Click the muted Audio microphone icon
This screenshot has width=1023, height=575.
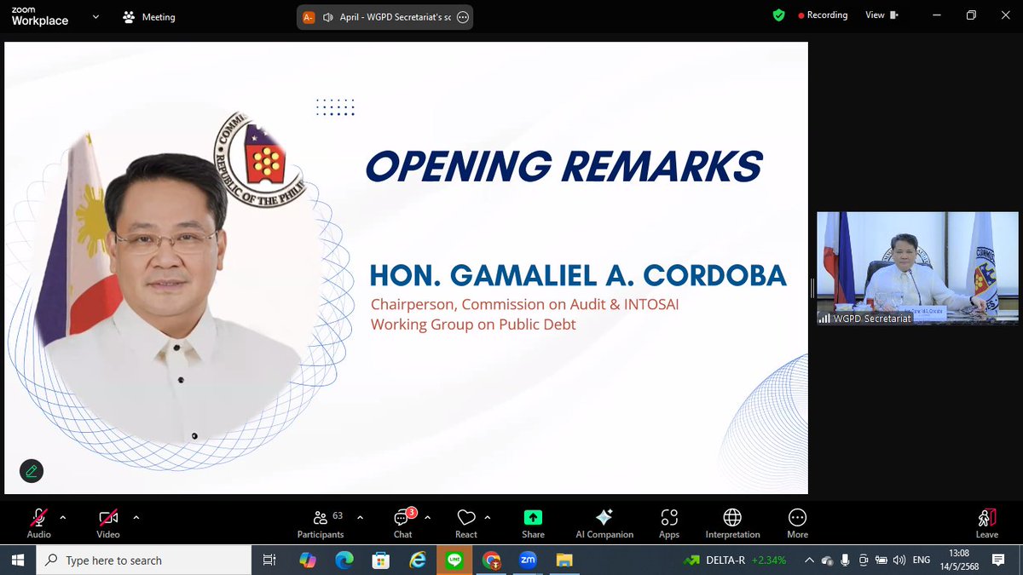[x=38, y=518]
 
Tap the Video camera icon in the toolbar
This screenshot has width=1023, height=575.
[x=107, y=518]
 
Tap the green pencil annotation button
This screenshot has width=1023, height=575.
[x=32, y=470]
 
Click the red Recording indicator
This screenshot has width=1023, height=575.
[x=823, y=15]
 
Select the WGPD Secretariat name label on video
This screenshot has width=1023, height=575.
[x=870, y=318]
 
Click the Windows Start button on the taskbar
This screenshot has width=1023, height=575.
[x=17, y=561]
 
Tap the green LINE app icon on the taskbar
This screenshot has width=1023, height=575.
[x=454, y=561]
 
